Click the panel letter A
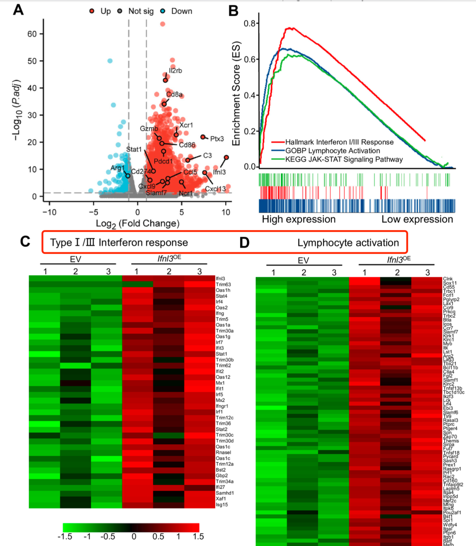tap(18, 9)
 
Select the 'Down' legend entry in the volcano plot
tap(181, 11)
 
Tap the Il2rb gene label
tap(175, 71)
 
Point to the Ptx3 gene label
tap(217, 139)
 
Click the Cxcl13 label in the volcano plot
tap(216, 189)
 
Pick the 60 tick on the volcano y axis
tap(32, 34)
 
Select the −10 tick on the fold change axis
tap(49, 212)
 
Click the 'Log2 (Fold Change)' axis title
tap(138, 223)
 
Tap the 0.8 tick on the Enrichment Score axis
tap(251, 23)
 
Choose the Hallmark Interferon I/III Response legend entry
tap(339, 142)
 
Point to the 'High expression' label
tap(298, 219)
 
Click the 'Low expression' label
tap(417, 219)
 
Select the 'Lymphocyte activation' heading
tap(348, 243)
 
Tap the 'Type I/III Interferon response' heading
tap(119, 243)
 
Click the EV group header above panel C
tap(75, 259)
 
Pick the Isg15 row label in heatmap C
tap(222, 505)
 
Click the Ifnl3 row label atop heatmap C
tap(220, 279)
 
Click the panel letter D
tap(245, 242)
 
